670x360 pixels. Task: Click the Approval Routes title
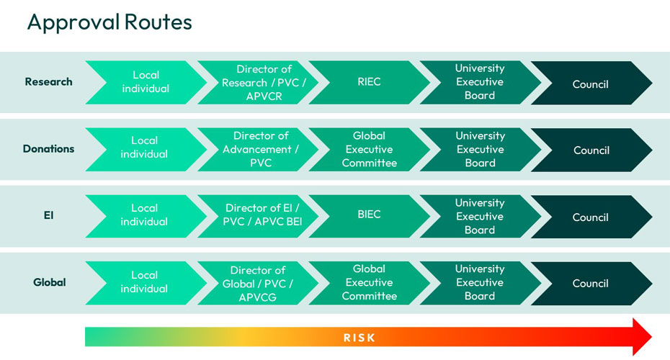pyautogui.click(x=110, y=22)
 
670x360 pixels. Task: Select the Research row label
pyautogui.click(x=49, y=82)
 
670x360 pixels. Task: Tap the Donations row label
pyautogui.click(x=49, y=149)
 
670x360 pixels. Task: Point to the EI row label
pyautogui.click(x=49, y=216)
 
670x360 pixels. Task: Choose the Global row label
pyautogui.click(x=49, y=282)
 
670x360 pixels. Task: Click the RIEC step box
pyautogui.click(x=369, y=82)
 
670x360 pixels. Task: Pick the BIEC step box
pyautogui.click(x=369, y=215)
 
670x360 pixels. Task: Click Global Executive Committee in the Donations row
pyautogui.click(x=369, y=149)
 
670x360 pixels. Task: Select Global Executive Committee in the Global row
pyautogui.click(x=369, y=282)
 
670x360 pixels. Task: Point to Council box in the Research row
pyautogui.click(x=590, y=84)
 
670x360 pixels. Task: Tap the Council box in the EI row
pyautogui.click(x=590, y=217)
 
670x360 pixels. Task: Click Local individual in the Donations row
pyautogui.click(x=144, y=148)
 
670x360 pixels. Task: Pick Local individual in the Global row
pyautogui.click(x=144, y=282)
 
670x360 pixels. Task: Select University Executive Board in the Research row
pyautogui.click(x=480, y=82)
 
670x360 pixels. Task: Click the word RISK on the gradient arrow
pyautogui.click(x=359, y=337)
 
